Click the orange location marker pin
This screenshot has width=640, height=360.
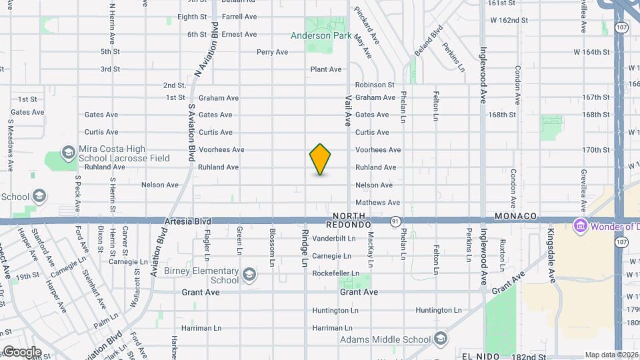(320, 159)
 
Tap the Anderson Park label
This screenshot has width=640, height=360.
(318, 36)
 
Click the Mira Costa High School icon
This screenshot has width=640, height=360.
(67, 153)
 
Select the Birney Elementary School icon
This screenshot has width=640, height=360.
(249, 275)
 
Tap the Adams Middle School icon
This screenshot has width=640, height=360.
(440, 339)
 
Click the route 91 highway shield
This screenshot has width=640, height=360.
(395, 221)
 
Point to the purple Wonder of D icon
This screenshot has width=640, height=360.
(580, 226)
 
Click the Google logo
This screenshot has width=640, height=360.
(21, 352)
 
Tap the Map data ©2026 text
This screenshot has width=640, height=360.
(611, 355)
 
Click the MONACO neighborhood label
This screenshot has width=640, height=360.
(516, 217)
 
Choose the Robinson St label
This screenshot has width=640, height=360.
(375, 85)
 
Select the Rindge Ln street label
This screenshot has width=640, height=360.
(305, 249)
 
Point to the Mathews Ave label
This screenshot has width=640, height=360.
(377, 202)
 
